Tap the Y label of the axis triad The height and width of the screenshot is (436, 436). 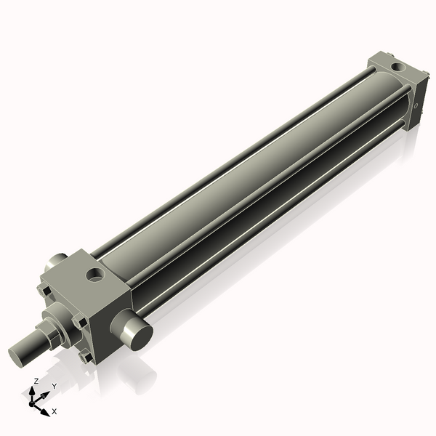[54, 386]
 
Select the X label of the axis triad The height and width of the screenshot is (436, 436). [54, 411]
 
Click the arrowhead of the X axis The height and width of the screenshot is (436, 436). [47, 409]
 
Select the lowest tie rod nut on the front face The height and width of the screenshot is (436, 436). [86, 357]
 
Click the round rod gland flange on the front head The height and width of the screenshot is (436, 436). [60, 320]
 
